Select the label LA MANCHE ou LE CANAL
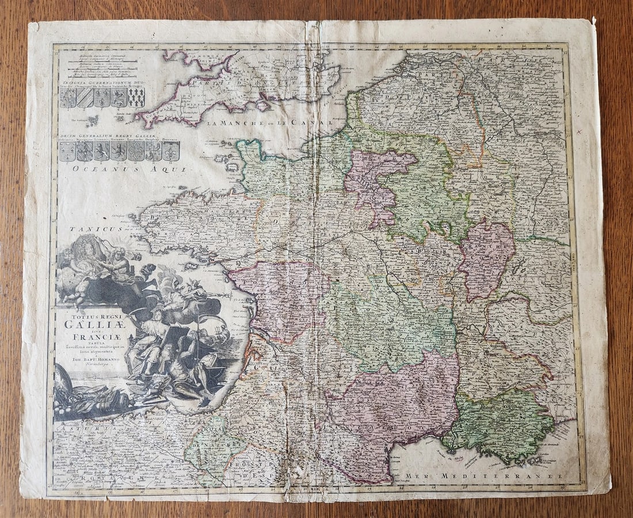(x=270, y=122)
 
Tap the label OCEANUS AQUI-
(x=129, y=169)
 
